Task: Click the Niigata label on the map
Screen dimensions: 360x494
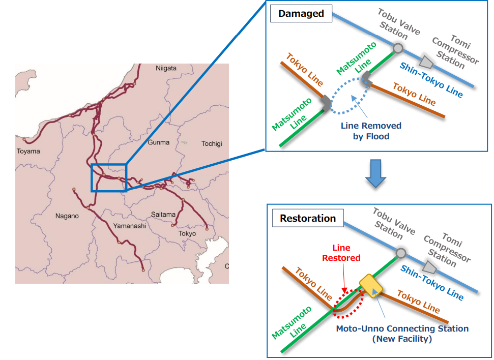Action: coord(166,68)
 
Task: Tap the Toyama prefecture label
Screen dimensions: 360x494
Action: coord(28,151)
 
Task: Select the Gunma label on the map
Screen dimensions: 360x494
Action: coord(158,142)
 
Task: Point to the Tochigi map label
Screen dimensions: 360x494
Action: coord(212,144)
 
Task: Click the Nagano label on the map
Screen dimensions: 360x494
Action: coord(67,216)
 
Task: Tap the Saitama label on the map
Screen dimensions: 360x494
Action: coord(163,215)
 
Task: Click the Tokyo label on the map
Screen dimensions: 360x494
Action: coord(187,233)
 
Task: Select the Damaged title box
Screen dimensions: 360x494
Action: coord(301,14)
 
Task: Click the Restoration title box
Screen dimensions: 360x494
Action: coord(308,219)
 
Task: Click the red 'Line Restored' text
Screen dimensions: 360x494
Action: coord(341,253)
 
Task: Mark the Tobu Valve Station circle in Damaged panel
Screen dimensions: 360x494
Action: coord(398,48)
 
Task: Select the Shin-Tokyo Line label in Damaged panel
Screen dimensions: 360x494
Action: coord(431,80)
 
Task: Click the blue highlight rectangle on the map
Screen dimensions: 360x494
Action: coord(108,177)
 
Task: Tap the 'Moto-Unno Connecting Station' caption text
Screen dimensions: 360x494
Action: coord(402,334)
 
